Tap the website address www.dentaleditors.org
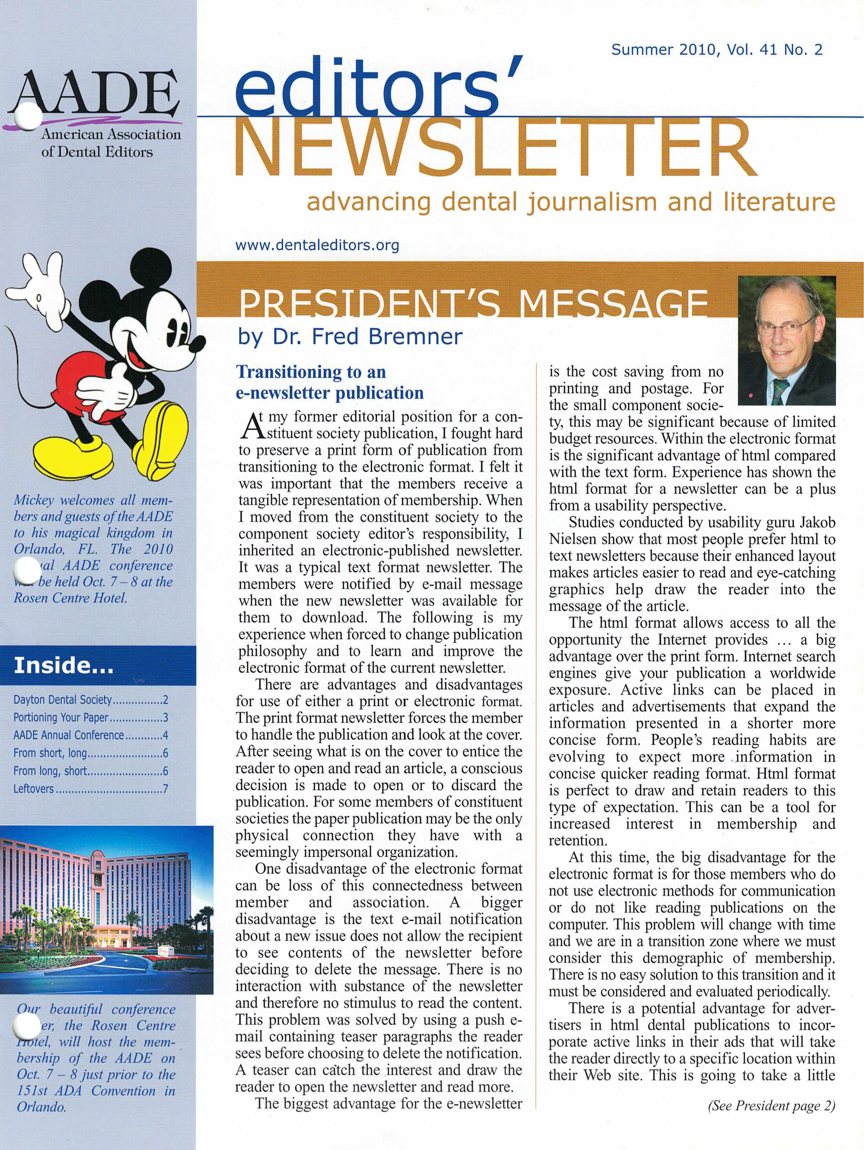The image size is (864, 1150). click(x=318, y=245)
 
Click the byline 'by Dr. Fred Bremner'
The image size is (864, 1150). click(x=350, y=337)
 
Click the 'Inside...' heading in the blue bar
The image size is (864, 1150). click(x=63, y=665)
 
